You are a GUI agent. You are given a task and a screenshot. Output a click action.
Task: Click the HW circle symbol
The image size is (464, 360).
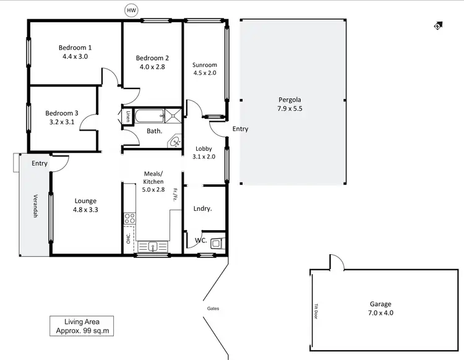point(131,10)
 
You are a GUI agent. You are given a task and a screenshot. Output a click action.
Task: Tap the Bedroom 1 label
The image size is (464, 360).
point(75,48)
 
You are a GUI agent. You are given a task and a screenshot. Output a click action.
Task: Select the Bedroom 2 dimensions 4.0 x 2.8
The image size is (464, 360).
point(152,67)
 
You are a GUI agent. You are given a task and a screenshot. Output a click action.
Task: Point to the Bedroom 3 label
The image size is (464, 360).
point(62,113)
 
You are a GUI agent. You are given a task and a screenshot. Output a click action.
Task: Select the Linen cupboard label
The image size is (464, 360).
point(127,116)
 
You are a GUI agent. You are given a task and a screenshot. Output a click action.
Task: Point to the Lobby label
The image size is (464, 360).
point(204,148)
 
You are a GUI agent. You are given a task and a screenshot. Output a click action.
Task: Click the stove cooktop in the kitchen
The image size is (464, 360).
point(129,218)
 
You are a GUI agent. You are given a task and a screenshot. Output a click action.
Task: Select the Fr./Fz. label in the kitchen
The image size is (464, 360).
point(176,195)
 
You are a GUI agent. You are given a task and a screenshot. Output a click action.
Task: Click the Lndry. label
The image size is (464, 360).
point(202,209)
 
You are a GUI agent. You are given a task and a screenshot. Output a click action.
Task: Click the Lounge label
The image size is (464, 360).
point(85,201)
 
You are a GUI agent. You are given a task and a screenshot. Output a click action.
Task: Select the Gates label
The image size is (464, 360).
point(213,308)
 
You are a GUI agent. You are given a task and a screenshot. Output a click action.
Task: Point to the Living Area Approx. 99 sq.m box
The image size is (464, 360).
point(82,326)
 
